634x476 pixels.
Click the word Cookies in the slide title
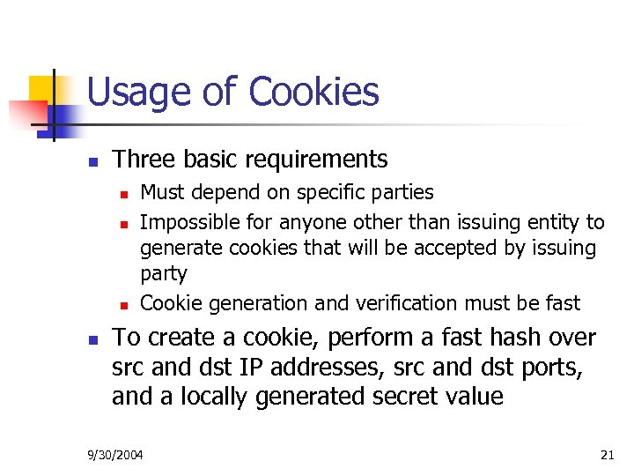(x=313, y=92)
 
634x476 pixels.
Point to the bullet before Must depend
(x=125, y=194)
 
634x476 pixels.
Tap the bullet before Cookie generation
(x=125, y=306)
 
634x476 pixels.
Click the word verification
(x=395, y=304)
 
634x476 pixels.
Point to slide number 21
(x=607, y=456)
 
